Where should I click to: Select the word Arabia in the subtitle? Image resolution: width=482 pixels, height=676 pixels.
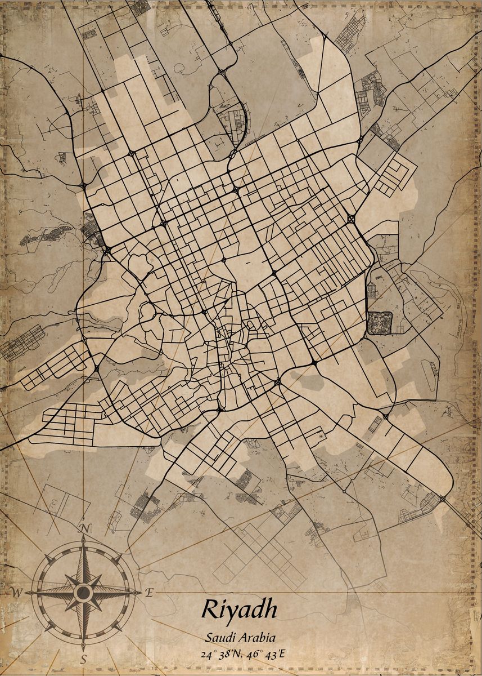pos(257,638)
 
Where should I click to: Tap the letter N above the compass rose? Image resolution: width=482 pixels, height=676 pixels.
pos(84,528)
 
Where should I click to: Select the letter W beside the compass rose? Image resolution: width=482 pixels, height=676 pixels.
pos(17,592)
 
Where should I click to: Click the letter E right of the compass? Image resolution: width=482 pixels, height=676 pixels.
pos(149,592)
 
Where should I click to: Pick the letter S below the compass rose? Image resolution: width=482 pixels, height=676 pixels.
pos(83,658)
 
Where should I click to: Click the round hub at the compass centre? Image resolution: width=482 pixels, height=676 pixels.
pos(83,592)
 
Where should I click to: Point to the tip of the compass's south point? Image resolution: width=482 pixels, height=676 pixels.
pos(83,648)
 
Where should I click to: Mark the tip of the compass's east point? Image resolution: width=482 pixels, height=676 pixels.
pos(140,592)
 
